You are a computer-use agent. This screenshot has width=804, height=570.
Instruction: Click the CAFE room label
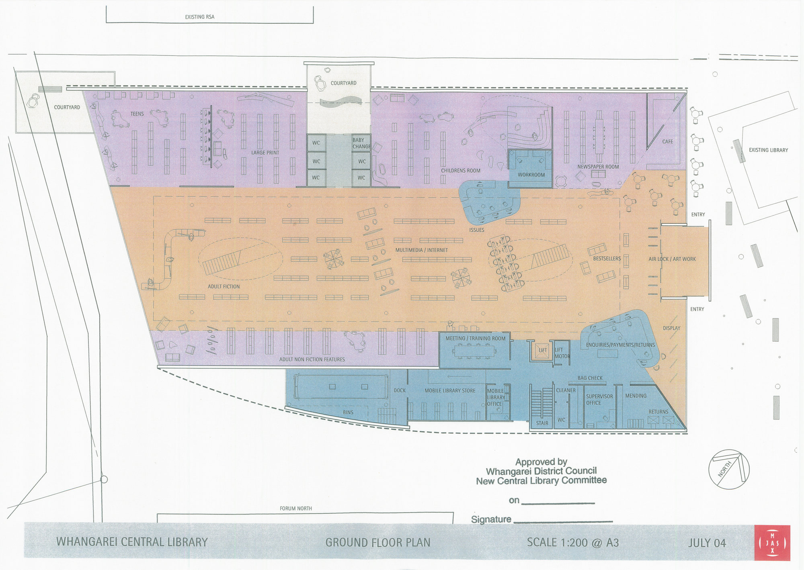point(667,141)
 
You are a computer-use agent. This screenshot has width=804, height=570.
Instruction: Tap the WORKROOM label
point(531,175)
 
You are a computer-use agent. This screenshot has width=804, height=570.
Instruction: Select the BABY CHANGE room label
point(361,143)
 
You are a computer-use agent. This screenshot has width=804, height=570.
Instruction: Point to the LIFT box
point(542,350)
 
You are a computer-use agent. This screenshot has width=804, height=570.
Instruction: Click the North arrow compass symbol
point(729,469)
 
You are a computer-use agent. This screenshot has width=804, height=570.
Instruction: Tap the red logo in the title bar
point(772,543)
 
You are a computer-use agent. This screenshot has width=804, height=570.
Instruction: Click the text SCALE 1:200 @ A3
point(572,543)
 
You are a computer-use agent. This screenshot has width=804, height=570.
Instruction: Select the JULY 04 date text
point(707,543)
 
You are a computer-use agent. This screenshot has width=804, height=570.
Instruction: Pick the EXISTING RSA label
point(199,17)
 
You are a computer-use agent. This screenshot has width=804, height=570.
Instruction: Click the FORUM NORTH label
point(295,509)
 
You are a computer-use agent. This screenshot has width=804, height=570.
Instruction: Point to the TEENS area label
point(137,114)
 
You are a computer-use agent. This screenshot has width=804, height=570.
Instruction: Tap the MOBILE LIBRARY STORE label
point(450,390)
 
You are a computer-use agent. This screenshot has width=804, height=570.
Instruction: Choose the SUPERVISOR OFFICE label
point(599,399)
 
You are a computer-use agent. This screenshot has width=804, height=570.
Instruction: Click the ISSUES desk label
point(476,230)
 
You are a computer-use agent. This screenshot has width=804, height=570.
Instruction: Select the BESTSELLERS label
point(607,259)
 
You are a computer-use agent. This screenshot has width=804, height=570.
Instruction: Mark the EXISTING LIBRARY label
point(768,150)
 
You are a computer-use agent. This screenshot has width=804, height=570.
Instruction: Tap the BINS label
point(348,413)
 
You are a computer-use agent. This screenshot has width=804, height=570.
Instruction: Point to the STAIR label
point(541,423)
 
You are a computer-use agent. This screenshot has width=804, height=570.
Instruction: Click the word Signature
point(491,519)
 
